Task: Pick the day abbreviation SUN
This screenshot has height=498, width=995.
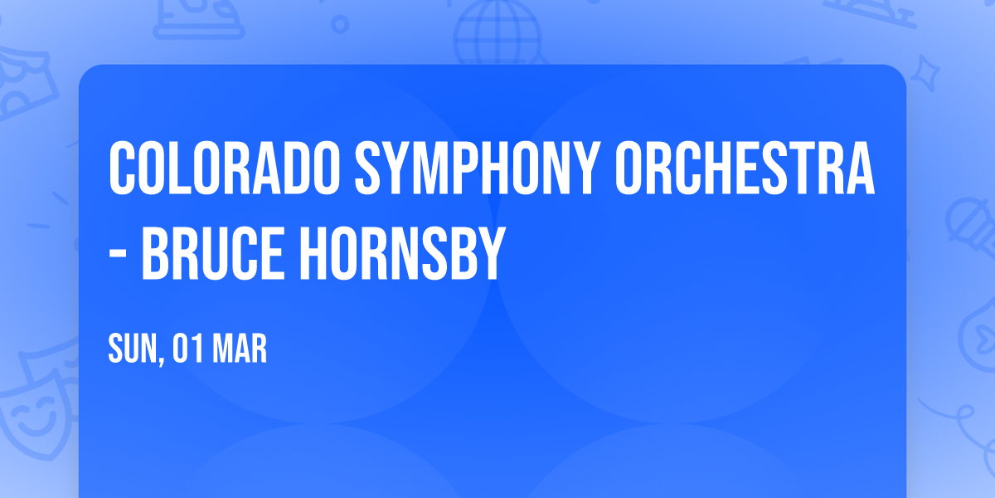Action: point(130,349)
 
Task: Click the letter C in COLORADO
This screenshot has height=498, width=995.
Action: point(124,168)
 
